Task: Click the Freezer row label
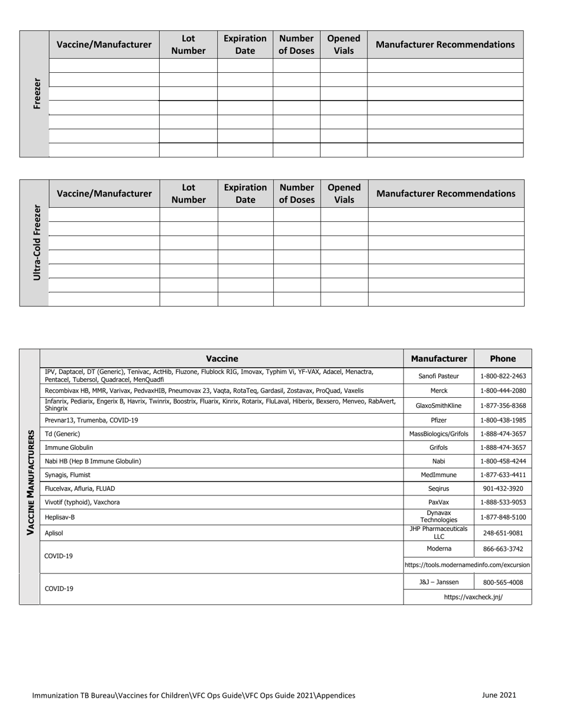coord(37,94)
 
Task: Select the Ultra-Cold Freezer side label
coord(37,243)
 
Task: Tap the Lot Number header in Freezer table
coord(188,44)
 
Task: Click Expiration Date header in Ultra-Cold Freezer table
coord(245,194)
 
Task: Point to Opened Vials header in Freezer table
coord(344,44)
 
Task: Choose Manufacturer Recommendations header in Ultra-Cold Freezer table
coord(445,194)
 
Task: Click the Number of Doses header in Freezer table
coord(296,44)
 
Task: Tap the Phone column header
coord(503,358)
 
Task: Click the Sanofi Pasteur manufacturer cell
coord(438,376)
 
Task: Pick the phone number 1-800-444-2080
coord(503,391)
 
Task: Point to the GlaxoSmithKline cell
coord(438,405)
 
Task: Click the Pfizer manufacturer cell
coord(438,420)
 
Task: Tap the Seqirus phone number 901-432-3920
coord(503,489)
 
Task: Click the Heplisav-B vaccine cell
coord(60,517)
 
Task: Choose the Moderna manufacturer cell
coord(438,549)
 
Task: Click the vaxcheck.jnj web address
coord(473,597)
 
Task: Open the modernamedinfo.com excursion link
coord(467,565)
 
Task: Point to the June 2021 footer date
coord(499,695)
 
